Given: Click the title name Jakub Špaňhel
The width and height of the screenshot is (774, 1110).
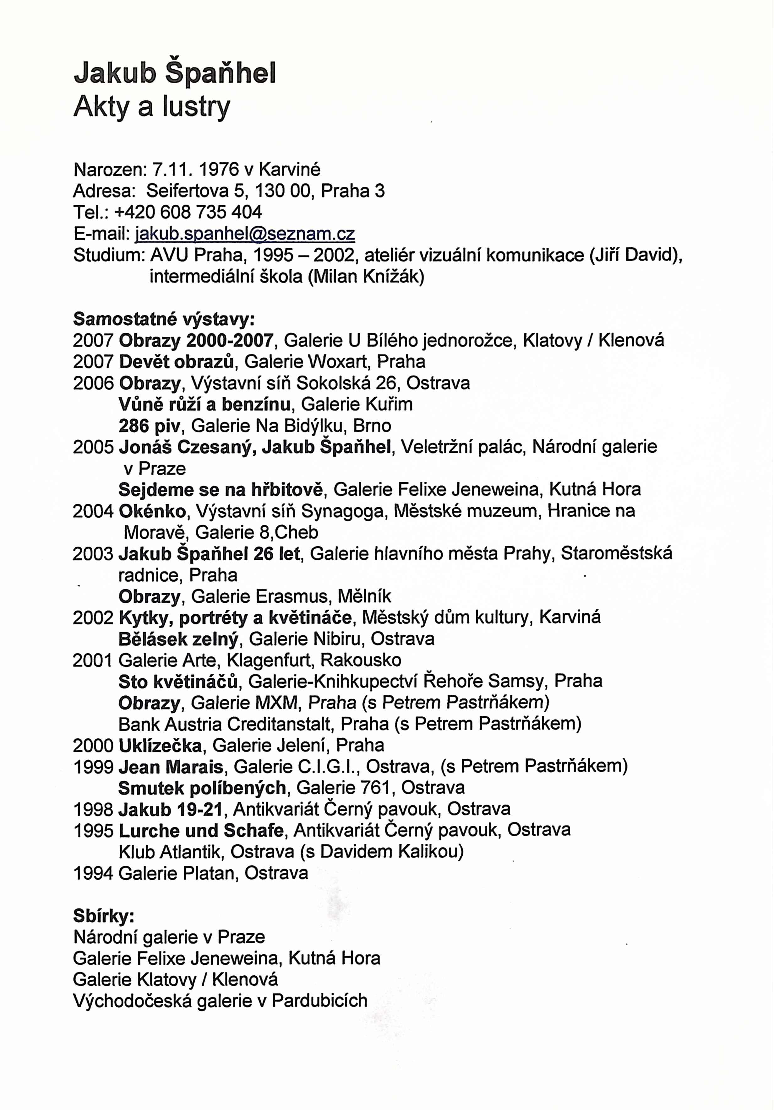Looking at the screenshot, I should pos(175,74).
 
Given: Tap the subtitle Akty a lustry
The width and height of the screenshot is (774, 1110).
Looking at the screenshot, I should pos(152,107).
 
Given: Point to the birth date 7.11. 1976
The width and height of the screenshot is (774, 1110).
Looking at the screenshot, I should pos(196,170).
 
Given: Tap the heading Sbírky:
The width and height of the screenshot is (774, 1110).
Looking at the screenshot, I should pos(104,916).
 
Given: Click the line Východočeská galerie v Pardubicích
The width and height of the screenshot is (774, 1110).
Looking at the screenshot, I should pos(220,1000).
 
